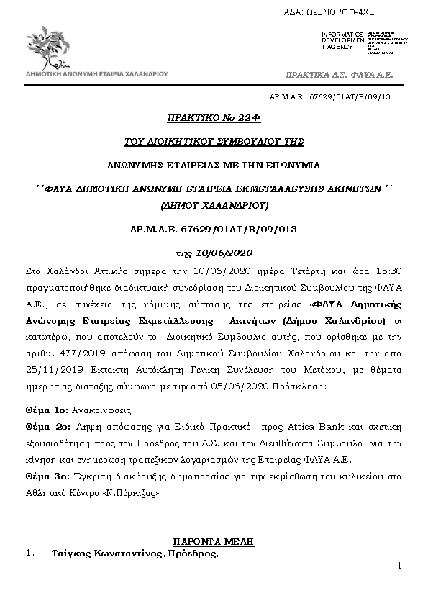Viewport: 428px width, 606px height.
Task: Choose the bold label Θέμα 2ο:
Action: tap(47, 427)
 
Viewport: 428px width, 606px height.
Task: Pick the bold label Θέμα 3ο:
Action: tap(47, 476)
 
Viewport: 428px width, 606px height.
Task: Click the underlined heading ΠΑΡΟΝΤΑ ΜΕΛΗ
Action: tap(214, 541)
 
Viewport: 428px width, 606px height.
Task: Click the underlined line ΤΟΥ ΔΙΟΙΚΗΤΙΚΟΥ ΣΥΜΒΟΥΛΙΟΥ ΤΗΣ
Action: tap(214, 140)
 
